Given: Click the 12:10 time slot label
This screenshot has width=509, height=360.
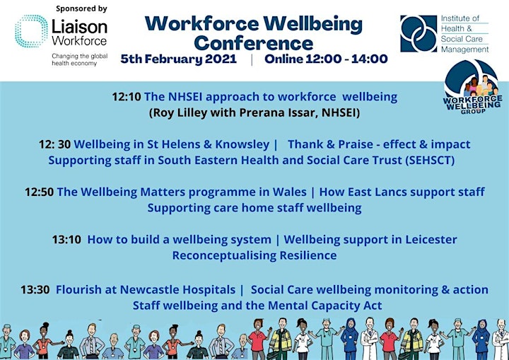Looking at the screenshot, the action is pyautogui.click(x=127, y=97).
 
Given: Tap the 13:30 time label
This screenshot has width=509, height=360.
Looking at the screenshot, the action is pyautogui.click(x=35, y=289).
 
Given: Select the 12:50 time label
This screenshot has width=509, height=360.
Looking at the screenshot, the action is pyautogui.click(x=40, y=192).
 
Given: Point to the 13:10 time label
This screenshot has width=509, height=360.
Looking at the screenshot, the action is pyautogui.click(x=66, y=240).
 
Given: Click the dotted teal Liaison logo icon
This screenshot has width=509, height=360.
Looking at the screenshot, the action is pyautogui.click(x=32, y=31).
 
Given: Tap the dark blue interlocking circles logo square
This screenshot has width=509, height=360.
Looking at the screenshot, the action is pyautogui.click(x=419, y=33).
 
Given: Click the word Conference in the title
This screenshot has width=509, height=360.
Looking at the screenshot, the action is pyautogui.click(x=254, y=43).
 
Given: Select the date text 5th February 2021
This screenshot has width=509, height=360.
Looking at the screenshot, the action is pyautogui.click(x=179, y=59).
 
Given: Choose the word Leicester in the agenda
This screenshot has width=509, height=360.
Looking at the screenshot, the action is pyautogui.click(x=431, y=240).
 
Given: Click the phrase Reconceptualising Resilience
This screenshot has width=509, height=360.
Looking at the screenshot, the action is pyautogui.click(x=255, y=256).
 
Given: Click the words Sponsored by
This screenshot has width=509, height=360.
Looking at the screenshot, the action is pyautogui.click(x=81, y=8).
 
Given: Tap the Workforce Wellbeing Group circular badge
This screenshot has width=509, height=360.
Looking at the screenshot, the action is pyautogui.click(x=472, y=86).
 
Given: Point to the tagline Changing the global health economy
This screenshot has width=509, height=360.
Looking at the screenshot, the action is pyautogui.click(x=79, y=59).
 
